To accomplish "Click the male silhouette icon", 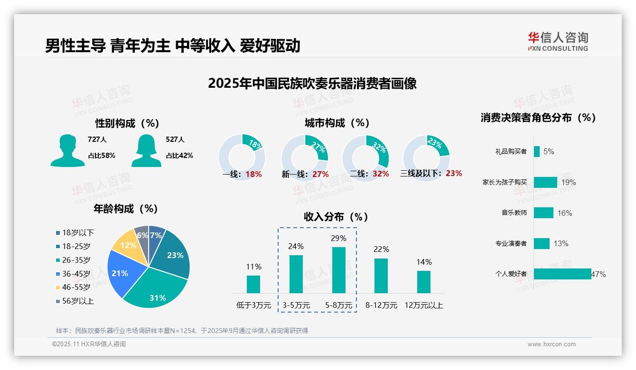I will click(67, 150).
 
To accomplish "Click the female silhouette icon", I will click(146, 150).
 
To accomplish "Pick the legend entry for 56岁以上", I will click(75, 301).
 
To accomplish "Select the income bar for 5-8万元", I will click(339, 270).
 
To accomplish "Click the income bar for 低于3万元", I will click(253, 284).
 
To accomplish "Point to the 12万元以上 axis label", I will click(423, 305).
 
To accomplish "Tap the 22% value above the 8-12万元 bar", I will click(381, 249).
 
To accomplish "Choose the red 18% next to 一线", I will click(253, 174).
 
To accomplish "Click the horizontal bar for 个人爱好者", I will click(562, 274).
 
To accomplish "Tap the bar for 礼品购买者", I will click(536, 151).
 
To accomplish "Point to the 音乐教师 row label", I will click(514, 213).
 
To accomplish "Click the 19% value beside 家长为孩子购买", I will click(568, 182).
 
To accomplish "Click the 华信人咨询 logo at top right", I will click(558, 41).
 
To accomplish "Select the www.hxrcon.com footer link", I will click(551, 344).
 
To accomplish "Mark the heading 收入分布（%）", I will click(336, 217).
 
